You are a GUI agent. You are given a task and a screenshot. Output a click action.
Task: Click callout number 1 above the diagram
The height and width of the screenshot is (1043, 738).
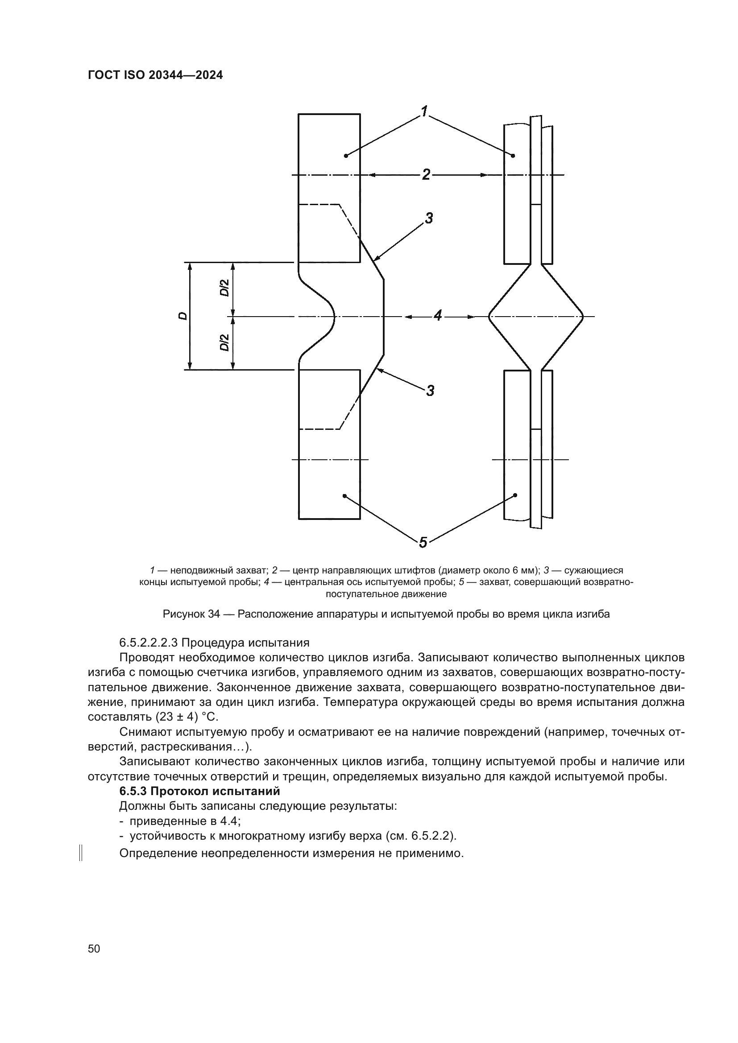pyautogui.click(x=424, y=111)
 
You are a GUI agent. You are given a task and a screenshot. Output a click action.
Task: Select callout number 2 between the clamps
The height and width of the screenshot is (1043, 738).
pyautogui.click(x=426, y=174)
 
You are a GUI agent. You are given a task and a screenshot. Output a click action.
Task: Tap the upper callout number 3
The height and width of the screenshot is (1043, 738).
pyautogui.click(x=429, y=218)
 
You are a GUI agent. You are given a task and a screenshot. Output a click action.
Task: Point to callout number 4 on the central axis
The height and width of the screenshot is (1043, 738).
pyautogui.click(x=438, y=315)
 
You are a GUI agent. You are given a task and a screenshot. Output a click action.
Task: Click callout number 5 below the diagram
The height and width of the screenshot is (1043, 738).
pyautogui.click(x=423, y=542)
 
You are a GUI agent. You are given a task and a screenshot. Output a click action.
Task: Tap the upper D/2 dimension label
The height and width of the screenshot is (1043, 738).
pyautogui.click(x=224, y=288)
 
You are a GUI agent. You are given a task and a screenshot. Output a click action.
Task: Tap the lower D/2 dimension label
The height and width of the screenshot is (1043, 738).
pyautogui.click(x=224, y=342)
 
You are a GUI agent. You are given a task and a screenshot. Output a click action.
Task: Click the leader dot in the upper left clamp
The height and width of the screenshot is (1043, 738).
pyautogui.click(x=346, y=156)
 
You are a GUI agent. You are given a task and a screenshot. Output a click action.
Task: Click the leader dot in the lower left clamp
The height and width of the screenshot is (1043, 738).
pyautogui.click(x=344, y=495)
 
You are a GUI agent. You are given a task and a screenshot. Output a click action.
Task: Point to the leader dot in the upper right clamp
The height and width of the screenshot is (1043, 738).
pyautogui.click(x=513, y=156)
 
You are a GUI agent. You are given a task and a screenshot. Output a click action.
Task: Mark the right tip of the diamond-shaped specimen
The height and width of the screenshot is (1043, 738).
pyautogui.click(x=583, y=316)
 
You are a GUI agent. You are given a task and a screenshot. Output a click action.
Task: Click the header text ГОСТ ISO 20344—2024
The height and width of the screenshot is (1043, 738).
pyautogui.click(x=155, y=75)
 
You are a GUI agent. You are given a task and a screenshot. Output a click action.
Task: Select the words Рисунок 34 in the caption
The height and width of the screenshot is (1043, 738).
pyautogui.click(x=191, y=614)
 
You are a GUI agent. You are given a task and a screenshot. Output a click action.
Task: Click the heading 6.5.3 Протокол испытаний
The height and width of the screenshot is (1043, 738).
pyautogui.click(x=199, y=791)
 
